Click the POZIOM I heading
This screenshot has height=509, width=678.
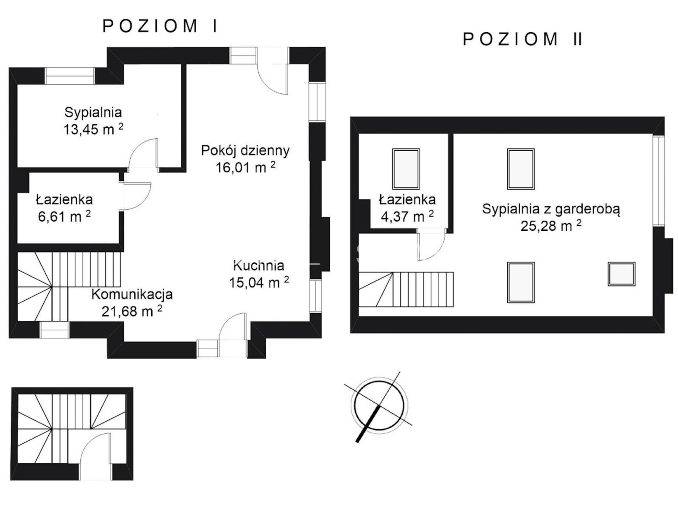(x=160, y=26)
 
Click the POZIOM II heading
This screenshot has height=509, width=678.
(x=522, y=39)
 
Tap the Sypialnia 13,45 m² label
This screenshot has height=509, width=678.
(x=93, y=120)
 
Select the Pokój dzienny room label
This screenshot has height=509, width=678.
(x=245, y=151)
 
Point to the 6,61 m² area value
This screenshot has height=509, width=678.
(x=64, y=216)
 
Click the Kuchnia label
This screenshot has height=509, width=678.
(x=258, y=266)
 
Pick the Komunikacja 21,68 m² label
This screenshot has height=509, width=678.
(x=132, y=303)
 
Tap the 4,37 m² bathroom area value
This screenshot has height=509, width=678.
(x=407, y=216)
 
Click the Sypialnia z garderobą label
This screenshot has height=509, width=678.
(x=551, y=209)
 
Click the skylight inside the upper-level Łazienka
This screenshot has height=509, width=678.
(x=406, y=169)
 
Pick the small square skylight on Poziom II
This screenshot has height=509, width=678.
(x=621, y=274)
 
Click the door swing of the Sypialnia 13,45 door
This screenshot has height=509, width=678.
(x=144, y=154)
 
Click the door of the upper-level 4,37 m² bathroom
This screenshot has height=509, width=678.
(x=431, y=245)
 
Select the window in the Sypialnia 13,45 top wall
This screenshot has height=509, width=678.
(x=69, y=76)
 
